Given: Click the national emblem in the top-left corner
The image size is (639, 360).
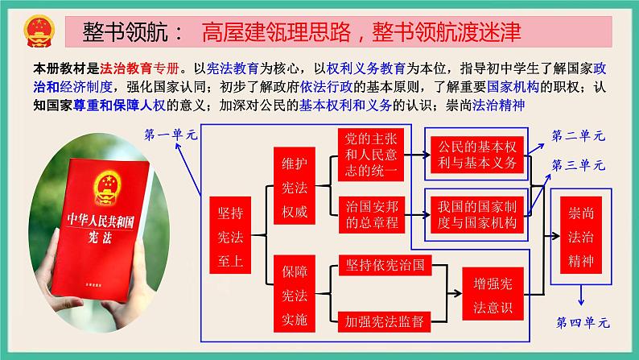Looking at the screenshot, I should click(35, 31).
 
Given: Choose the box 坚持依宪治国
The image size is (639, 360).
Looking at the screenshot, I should click(385, 265).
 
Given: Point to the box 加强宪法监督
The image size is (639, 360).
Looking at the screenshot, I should click(385, 320).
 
